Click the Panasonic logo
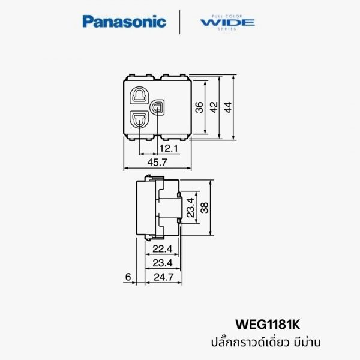pos(124,22)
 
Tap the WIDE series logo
pos(228,22)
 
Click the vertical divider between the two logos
pos(181,22)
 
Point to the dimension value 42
pos(213,107)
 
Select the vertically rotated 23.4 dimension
pos(190,208)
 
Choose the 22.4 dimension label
pos(161,249)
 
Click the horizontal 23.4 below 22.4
pos(161,263)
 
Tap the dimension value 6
pos(127,277)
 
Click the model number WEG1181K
pos(269,325)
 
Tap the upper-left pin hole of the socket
pos(140,95)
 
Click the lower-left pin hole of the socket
pos(140,120)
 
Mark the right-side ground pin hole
pos(158,107)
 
